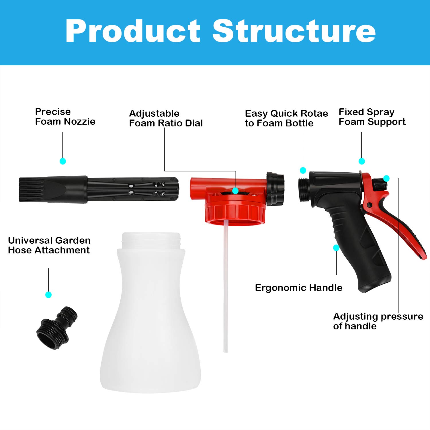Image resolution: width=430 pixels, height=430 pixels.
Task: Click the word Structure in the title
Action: [x=294, y=31]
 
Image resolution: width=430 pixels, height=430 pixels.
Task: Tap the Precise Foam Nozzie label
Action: [x=65, y=117]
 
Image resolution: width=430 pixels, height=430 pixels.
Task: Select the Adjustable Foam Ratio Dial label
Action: [x=166, y=118]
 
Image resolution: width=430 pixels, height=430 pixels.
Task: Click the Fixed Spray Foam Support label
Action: [x=372, y=117]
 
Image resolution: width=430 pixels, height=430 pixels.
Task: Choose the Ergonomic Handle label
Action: [x=298, y=288]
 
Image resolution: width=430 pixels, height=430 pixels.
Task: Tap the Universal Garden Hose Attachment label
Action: [x=49, y=245]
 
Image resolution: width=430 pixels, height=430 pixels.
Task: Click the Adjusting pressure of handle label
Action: [x=378, y=321]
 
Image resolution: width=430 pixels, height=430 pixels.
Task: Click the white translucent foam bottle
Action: [x=150, y=321]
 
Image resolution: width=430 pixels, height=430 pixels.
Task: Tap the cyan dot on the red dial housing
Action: [x=235, y=191]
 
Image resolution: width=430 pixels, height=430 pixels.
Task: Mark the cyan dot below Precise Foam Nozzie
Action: [x=63, y=161]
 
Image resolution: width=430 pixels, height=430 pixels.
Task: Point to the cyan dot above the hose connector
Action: [x=48, y=295]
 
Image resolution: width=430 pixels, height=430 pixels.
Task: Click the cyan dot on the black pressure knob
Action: [x=386, y=179]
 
